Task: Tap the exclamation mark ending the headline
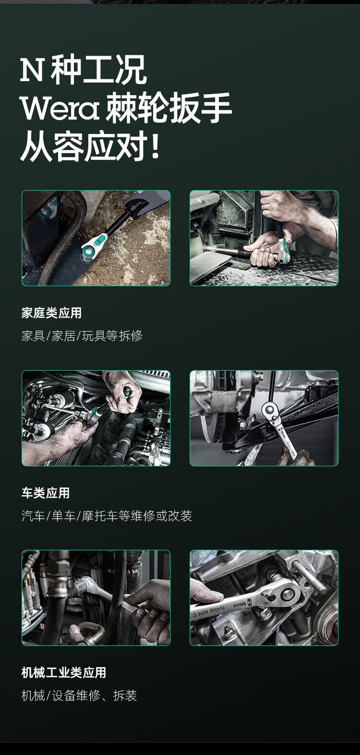click(x=155, y=146)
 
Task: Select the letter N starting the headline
click(x=32, y=70)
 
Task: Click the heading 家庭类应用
click(x=51, y=313)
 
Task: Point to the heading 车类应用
click(x=46, y=493)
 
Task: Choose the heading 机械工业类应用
click(x=64, y=673)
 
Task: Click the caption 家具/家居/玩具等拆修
click(x=82, y=336)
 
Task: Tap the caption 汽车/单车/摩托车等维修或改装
click(x=107, y=516)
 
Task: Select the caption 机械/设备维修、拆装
click(x=79, y=695)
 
